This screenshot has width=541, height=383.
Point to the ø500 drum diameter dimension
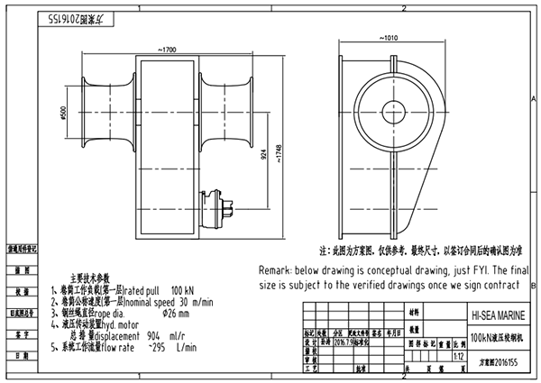click(64, 116)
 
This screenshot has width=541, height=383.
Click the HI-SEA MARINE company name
click(496, 317)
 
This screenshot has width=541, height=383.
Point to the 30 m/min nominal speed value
click(196, 303)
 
